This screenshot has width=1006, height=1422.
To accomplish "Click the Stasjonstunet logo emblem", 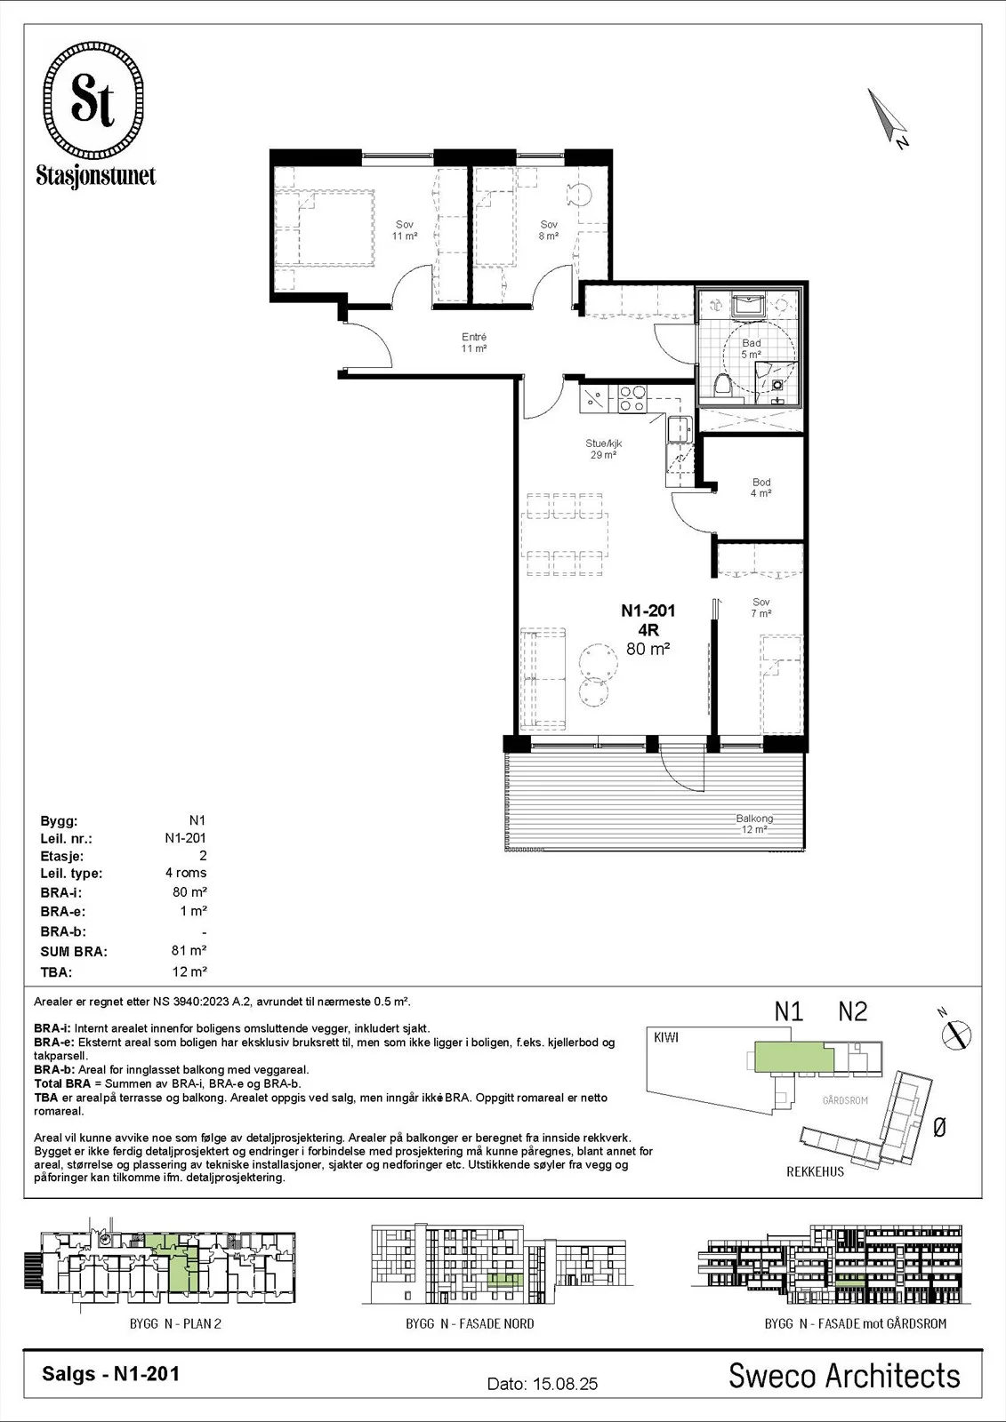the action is [93, 100].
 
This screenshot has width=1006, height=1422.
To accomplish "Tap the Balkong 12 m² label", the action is [754, 824].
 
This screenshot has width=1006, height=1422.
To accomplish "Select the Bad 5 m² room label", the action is [751, 348].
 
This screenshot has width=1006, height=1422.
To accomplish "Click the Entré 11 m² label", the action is [474, 343].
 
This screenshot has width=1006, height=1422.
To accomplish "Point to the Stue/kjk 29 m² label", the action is [603, 449].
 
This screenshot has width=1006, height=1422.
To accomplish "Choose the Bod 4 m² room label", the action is [761, 488].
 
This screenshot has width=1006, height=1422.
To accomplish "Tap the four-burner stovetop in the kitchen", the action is [632, 399].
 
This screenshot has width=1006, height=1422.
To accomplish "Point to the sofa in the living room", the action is [543, 677].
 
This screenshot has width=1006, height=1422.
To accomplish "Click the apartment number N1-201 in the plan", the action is [648, 611].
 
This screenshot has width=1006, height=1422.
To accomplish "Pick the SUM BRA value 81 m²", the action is [189, 950].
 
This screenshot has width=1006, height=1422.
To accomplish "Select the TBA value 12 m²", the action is [189, 971].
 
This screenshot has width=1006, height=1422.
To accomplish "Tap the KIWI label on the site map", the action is [666, 1037].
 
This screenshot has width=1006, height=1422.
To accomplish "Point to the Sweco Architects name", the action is [844, 1376].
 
